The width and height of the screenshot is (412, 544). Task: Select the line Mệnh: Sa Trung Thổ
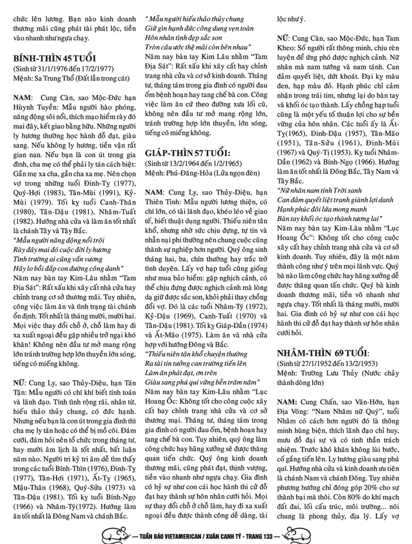pyautogui.click(x=71, y=79)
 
